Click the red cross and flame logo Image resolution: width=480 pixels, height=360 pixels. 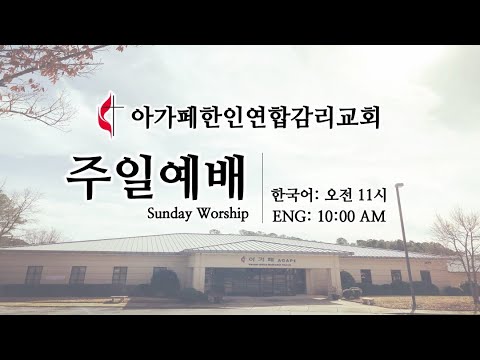pos(112,113)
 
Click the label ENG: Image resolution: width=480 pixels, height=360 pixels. pos(291,215)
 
